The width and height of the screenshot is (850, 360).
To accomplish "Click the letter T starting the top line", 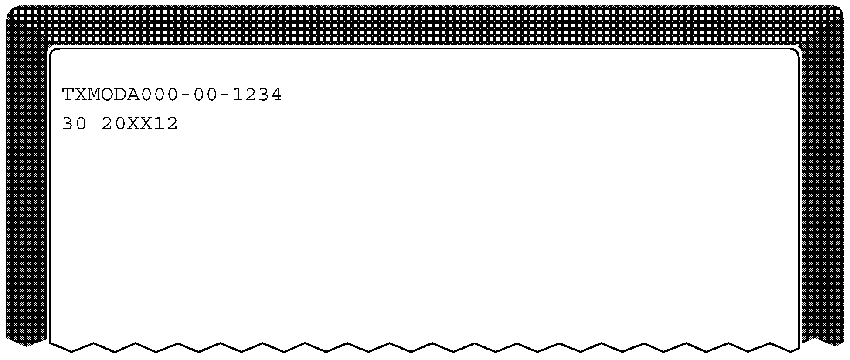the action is (x=68, y=95).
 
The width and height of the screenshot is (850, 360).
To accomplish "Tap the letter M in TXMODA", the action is (x=94, y=95).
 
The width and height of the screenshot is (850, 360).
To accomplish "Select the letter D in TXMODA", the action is (x=121, y=95).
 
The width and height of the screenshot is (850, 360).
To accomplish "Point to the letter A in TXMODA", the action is (x=134, y=95).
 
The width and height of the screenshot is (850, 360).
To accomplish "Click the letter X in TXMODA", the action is (x=82, y=95).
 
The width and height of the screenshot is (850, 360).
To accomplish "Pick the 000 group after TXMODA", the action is (x=160, y=95).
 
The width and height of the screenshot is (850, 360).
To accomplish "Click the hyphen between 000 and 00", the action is (x=186, y=95).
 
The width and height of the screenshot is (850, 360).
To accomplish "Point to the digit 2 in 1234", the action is (x=251, y=95).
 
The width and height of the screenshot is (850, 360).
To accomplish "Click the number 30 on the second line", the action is (x=75, y=124).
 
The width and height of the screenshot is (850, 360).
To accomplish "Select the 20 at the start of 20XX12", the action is (x=114, y=124).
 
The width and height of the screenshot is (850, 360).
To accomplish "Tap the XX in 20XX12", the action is (x=140, y=124).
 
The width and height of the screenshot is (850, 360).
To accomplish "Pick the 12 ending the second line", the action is (x=166, y=124).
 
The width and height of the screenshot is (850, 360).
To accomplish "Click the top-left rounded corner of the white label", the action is (x=53, y=52).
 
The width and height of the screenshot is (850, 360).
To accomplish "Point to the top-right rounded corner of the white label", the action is (x=796, y=52).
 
